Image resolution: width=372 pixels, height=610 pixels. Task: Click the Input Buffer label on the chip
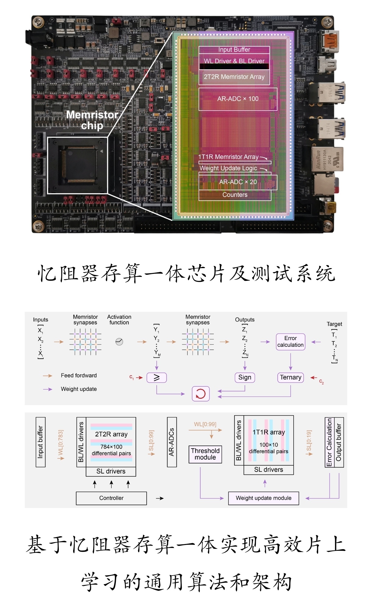pyautogui.click(x=234, y=50)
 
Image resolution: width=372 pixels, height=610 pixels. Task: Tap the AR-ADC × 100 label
pyautogui.click(x=238, y=99)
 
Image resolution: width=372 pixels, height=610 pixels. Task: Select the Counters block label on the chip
pyautogui.click(x=235, y=195)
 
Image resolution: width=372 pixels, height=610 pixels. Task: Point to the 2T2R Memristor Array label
pyautogui.click(x=234, y=77)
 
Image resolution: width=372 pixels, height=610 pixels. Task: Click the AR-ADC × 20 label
pyautogui.click(x=238, y=182)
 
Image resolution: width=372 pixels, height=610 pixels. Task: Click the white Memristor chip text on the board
pyautogui.click(x=92, y=120)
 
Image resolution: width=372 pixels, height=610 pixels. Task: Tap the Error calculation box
pyautogui.click(x=290, y=342)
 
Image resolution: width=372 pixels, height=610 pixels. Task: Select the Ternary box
pyautogui.click(x=290, y=377)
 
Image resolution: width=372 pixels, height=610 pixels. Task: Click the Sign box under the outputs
pyautogui.click(x=245, y=377)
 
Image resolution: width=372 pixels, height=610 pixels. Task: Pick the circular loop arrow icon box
pyautogui.click(x=201, y=394)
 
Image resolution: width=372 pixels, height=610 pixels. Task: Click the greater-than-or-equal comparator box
pyautogui.click(x=156, y=378)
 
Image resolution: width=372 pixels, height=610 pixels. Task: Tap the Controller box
pyautogui.click(x=111, y=498)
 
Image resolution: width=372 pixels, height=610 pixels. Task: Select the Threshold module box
pyautogui.click(x=205, y=454)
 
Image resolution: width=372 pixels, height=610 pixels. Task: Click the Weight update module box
pyautogui.click(x=263, y=498)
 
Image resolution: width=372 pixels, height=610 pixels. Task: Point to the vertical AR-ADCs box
pyautogui.click(x=172, y=442)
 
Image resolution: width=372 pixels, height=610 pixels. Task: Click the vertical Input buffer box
pyautogui.click(x=41, y=442)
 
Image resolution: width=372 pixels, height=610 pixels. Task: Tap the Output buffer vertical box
pyautogui.click(x=339, y=442)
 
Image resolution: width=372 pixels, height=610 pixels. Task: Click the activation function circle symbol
pyautogui.click(x=119, y=342)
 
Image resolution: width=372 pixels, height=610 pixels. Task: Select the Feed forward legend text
pyautogui.click(x=79, y=376)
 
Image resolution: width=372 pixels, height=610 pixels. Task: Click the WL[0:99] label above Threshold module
pyautogui.click(x=205, y=424)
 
